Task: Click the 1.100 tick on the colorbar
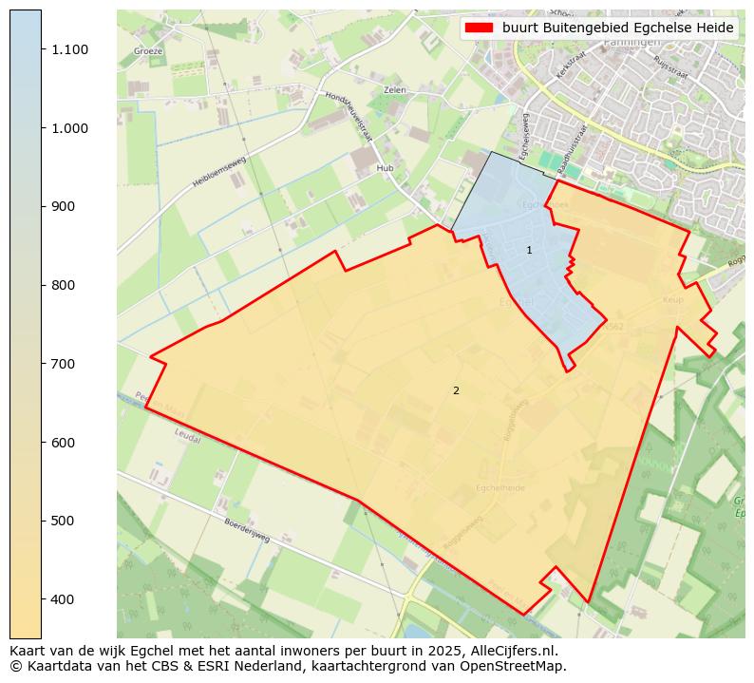point(70,49)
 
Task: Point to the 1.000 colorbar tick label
point(70,128)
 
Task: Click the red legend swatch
point(480,28)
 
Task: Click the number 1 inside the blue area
point(529,250)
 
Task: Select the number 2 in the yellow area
point(456,390)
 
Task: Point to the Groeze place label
point(148,51)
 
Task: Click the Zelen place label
point(395,90)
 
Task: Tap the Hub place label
point(385,168)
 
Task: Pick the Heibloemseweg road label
point(219,171)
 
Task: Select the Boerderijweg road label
point(247,530)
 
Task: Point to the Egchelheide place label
point(500,488)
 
